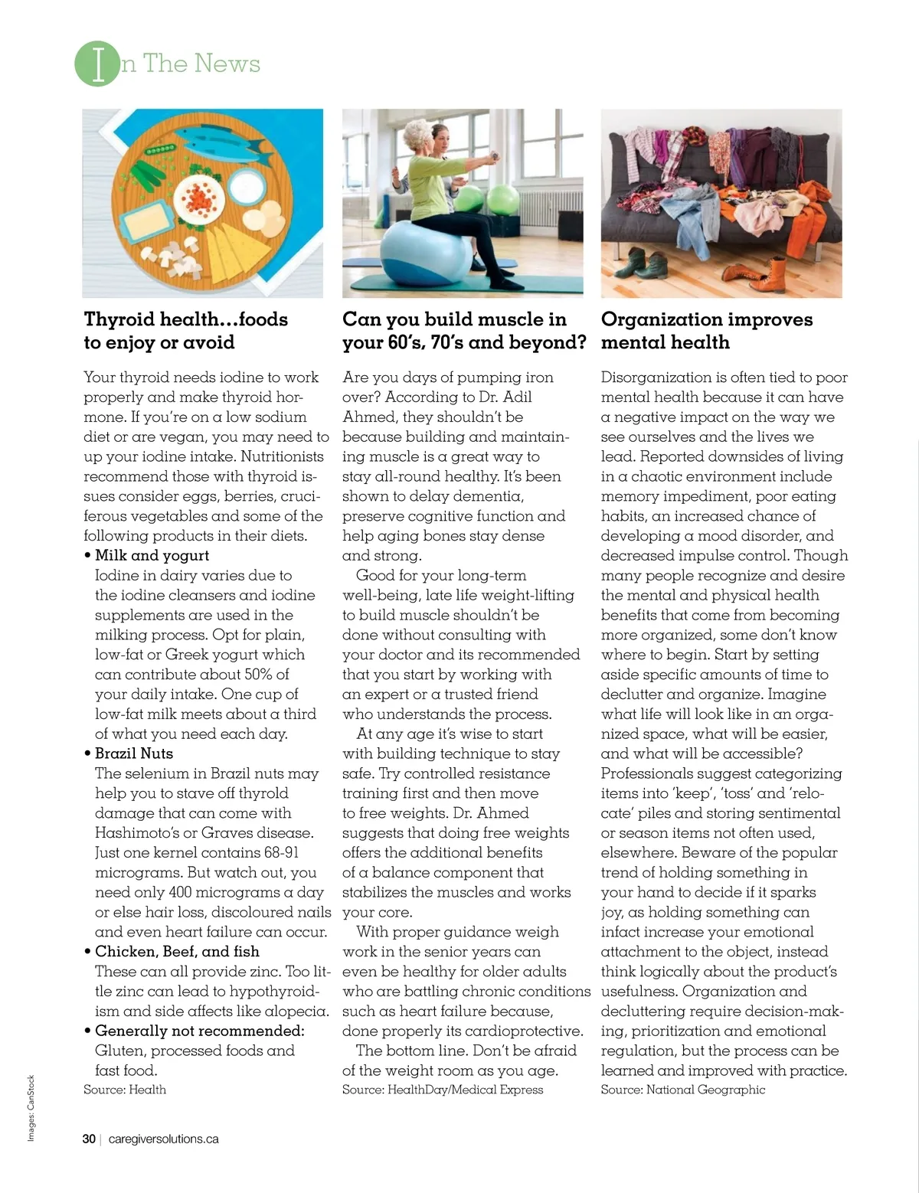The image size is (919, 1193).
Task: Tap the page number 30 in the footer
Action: click(89, 1139)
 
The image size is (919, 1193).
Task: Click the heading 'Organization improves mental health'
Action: click(706, 330)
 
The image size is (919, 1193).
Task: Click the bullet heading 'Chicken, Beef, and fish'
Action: click(177, 952)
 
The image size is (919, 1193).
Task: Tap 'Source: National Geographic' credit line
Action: click(682, 1090)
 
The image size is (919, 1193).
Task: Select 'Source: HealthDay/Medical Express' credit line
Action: click(443, 1090)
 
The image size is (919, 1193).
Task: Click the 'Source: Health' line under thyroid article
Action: click(125, 1090)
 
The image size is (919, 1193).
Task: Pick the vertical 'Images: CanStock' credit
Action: click(31, 1108)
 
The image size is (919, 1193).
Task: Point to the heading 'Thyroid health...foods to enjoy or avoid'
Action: click(185, 330)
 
